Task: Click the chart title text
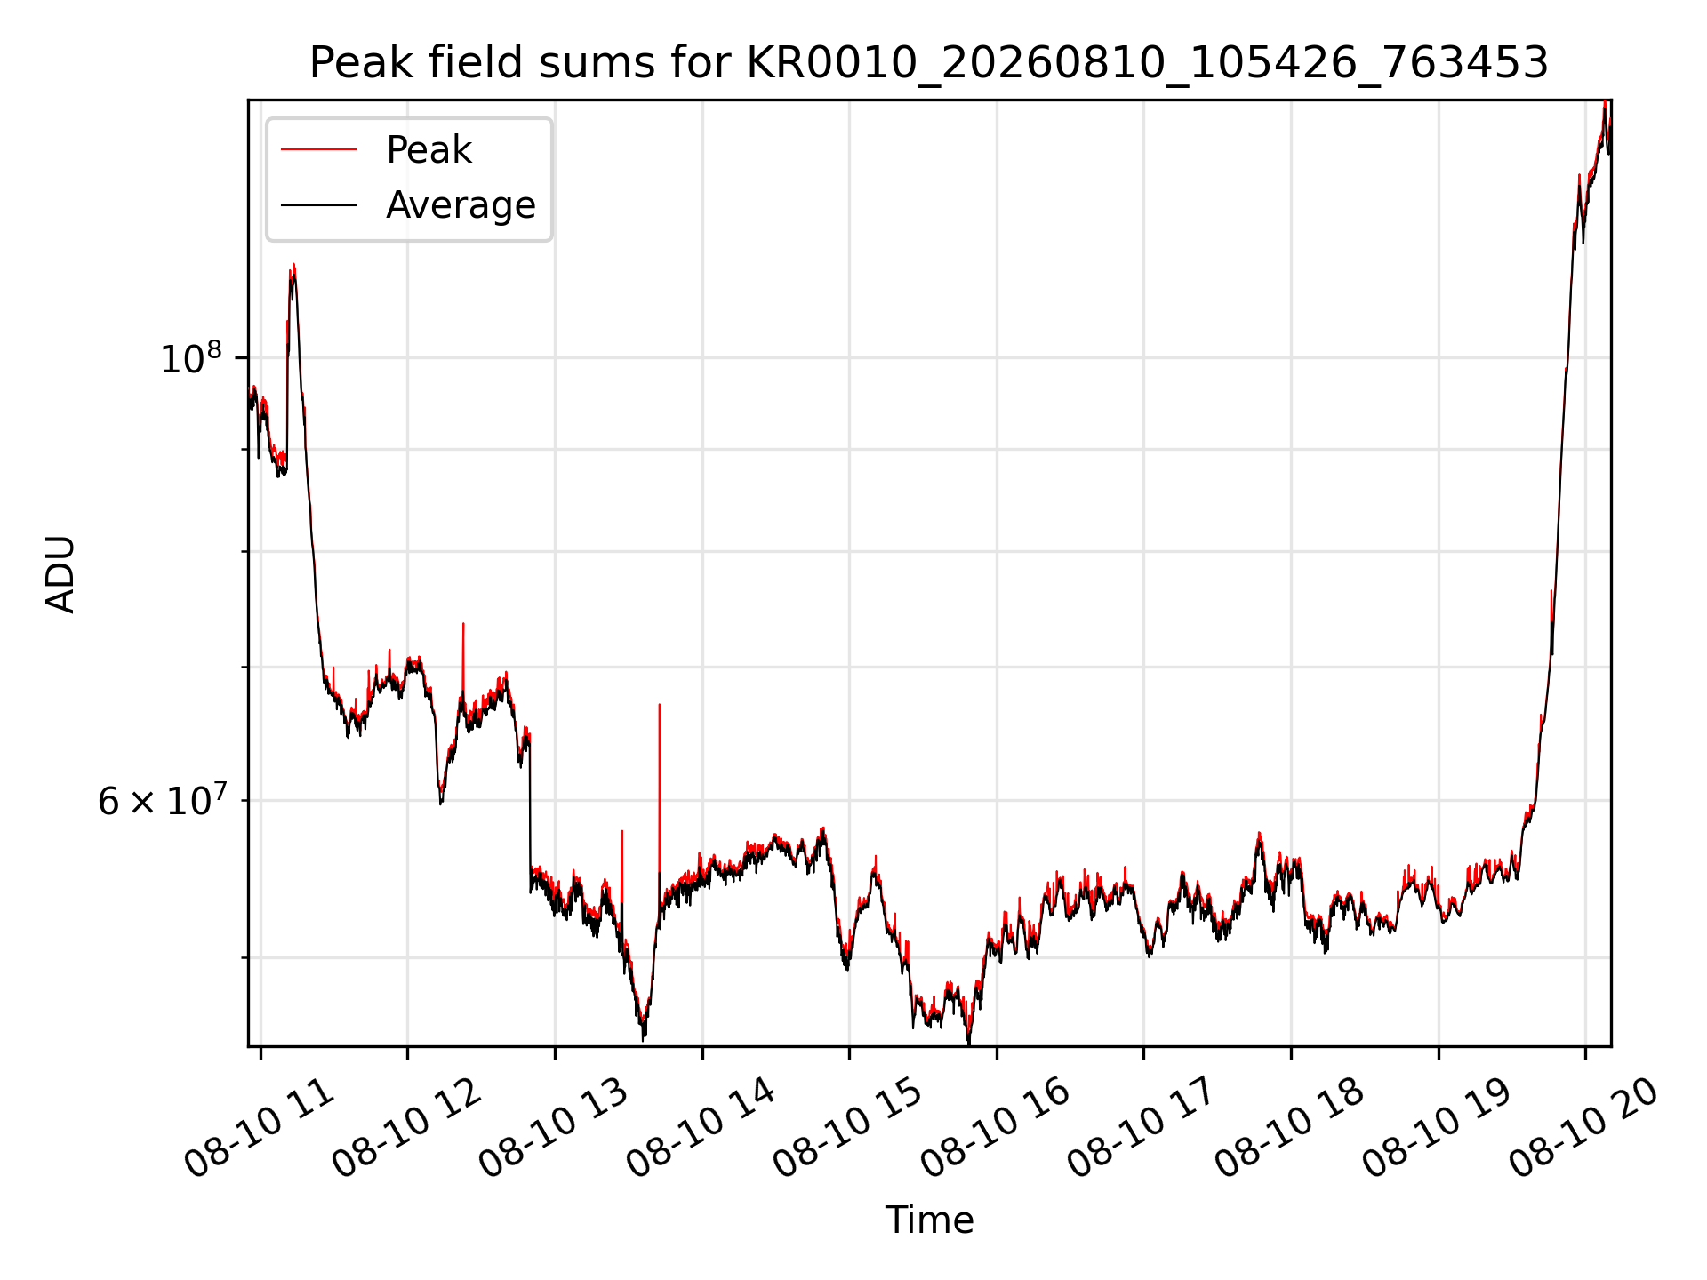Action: click(x=929, y=63)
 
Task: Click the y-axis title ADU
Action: click(x=60, y=573)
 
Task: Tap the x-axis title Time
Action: click(x=929, y=1220)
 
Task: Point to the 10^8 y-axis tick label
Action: click(x=190, y=358)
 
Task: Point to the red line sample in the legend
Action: click(x=319, y=149)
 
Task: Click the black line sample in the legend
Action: click(x=319, y=205)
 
